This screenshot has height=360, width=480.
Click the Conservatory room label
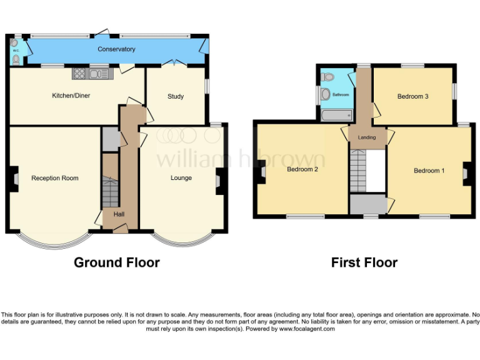(x=116, y=49)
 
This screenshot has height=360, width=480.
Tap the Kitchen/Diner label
(x=69, y=96)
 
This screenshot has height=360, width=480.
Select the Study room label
(x=176, y=96)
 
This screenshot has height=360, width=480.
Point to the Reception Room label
(x=55, y=178)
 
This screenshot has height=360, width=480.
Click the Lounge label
(x=181, y=178)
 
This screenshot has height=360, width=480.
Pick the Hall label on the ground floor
(x=119, y=214)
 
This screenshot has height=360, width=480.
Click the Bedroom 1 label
(x=429, y=170)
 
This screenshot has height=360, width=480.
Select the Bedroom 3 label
(x=413, y=96)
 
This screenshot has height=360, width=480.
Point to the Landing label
(x=366, y=137)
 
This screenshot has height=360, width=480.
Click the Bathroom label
(x=341, y=95)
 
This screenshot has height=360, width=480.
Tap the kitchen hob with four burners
(x=81, y=74)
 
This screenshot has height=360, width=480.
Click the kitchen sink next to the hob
(x=99, y=74)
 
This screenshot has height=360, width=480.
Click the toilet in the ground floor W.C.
(x=16, y=60)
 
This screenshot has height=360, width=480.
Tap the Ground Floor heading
(x=116, y=262)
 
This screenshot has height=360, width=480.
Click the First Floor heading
(x=364, y=262)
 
